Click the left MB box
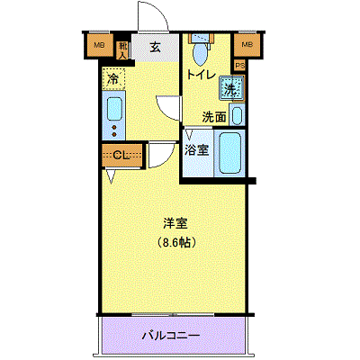[x=100, y=46]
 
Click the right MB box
[x=245, y=46]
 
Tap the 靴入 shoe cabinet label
[x=123, y=49]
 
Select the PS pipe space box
[x=239, y=65]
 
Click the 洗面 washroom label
[x=213, y=116]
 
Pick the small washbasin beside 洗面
[x=236, y=115]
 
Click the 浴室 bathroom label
[x=198, y=149]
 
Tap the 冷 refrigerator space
[x=113, y=80]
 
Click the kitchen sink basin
[x=113, y=109]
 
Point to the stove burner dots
[x=113, y=131]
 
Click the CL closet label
[x=122, y=156]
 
